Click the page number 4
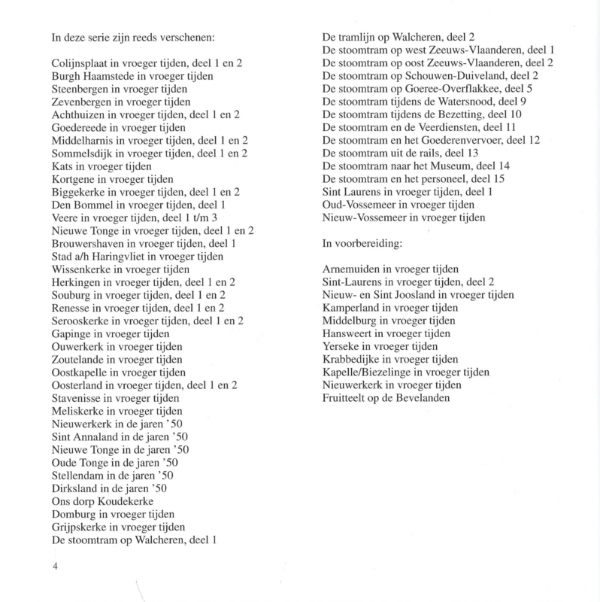(x=55, y=567)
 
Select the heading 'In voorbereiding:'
(x=362, y=244)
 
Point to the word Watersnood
(x=457, y=102)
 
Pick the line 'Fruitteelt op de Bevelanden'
(x=390, y=398)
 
